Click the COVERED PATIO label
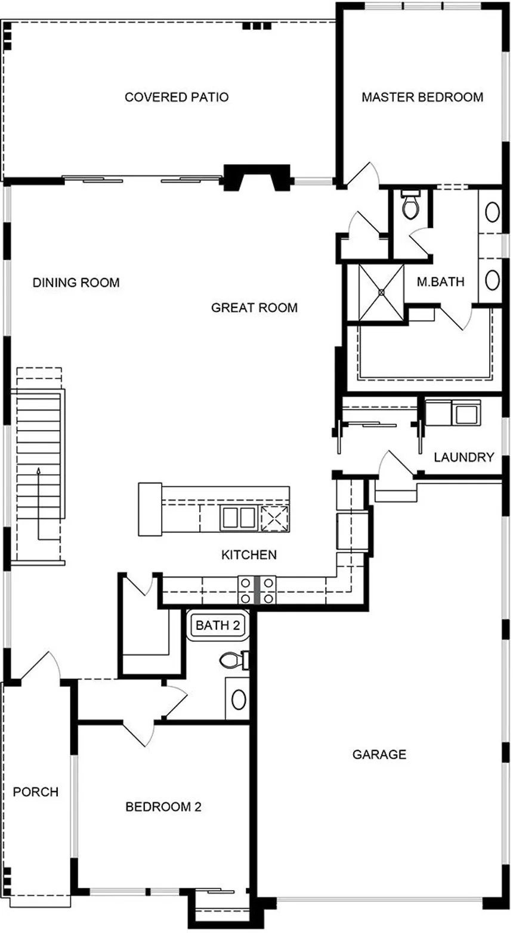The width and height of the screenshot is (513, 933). [x=177, y=97]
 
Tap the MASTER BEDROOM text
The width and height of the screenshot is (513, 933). [x=422, y=97]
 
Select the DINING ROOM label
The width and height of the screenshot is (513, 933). [x=76, y=282]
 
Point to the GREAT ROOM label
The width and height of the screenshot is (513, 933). [x=254, y=308]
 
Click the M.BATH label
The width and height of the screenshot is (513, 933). [x=440, y=282]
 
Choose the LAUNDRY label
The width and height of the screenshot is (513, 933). [x=463, y=458]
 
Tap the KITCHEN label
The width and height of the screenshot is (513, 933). [x=249, y=555]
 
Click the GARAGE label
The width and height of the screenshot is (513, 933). [x=379, y=755]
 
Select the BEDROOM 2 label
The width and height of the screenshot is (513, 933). [x=163, y=807]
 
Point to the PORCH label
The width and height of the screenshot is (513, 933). [x=36, y=792]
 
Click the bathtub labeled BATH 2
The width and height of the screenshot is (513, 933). [x=217, y=626]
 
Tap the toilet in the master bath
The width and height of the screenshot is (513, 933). [x=411, y=206]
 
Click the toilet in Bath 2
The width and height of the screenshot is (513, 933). [x=233, y=660]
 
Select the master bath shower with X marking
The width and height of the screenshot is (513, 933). [x=381, y=292]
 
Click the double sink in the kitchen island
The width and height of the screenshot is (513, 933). [x=239, y=517]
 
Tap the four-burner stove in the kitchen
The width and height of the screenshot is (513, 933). [x=256, y=590]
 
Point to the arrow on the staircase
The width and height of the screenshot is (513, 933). [x=39, y=471]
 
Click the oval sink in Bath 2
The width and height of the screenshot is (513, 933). [x=239, y=699]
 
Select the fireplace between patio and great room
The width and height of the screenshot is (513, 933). [x=257, y=177]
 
